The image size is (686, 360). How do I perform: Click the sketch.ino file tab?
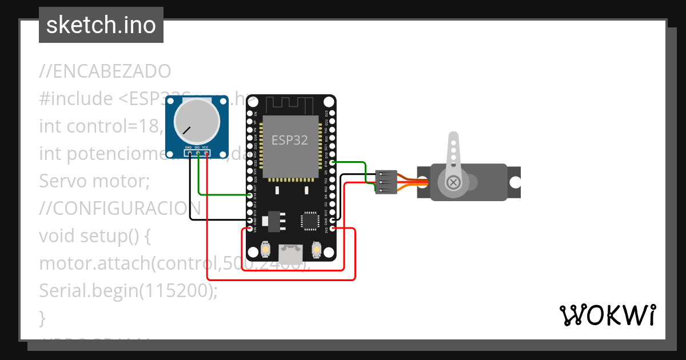[101, 25]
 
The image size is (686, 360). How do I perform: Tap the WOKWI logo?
[607, 315]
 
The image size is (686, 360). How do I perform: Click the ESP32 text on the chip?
[289, 140]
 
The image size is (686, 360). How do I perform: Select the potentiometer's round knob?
[197, 121]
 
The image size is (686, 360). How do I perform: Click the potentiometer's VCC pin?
[206, 153]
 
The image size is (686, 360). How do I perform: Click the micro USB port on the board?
[291, 251]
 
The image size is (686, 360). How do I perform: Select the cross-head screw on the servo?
[453, 182]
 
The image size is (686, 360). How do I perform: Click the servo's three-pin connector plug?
[386, 182]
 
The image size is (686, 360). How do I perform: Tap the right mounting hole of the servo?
[515, 182]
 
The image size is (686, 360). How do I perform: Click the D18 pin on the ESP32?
[333, 163]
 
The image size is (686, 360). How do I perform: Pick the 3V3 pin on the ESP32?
[333, 229]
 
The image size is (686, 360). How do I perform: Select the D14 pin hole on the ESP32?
[250, 195]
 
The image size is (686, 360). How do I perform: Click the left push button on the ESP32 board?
[265, 250]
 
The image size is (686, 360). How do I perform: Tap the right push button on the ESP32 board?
[317, 250]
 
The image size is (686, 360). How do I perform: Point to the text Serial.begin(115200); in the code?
[129, 290]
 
